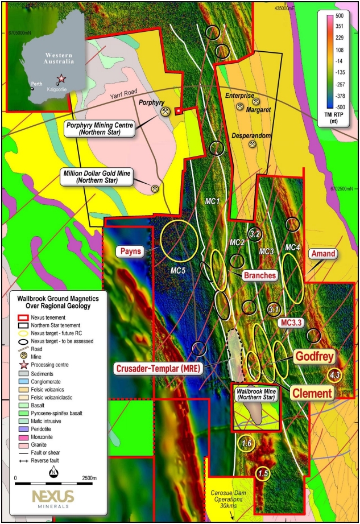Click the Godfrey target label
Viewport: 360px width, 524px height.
314,356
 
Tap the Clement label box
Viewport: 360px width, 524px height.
312,393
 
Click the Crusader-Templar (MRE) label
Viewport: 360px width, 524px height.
158,369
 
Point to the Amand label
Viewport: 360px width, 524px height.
322,253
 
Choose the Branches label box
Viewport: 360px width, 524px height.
260,275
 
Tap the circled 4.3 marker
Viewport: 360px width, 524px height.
334,374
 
